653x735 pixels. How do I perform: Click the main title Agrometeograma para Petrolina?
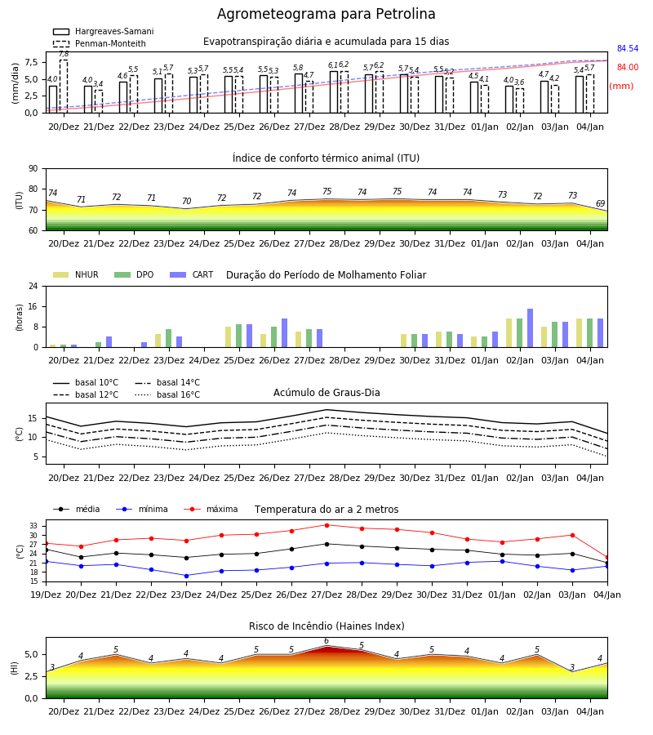click(x=326, y=14)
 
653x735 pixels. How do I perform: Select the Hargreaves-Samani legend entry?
click(x=103, y=31)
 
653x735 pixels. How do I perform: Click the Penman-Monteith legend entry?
click(x=100, y=43)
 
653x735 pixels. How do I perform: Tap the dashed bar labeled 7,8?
click(x=64, y=87)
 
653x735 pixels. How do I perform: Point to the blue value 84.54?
click(x=627, y=49)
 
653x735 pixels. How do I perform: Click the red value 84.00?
click(x=627, y=68)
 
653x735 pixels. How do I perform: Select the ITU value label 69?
click(x=600, y=203)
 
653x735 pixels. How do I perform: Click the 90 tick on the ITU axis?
click(x=33, y=169)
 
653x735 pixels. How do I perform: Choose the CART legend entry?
click(x=192, y=274)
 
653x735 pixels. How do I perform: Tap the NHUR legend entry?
click(x=76, y=274)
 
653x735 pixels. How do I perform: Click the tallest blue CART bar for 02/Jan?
click(x=531, y=328)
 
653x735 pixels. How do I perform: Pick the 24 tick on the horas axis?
click(x=33, y=287)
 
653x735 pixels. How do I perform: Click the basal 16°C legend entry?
click(x=167, y=394)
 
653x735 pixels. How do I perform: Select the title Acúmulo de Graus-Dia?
click(x=326, y=393)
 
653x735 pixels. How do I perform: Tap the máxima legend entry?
click(x=211, y=509)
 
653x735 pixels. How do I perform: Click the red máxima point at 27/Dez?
click(x=327, y=525)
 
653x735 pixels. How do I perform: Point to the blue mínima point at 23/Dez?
click(x=186, y=576)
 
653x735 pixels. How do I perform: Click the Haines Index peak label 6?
click(x=326, y=641)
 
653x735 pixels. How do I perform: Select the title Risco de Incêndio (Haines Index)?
click(x=326, y=626)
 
